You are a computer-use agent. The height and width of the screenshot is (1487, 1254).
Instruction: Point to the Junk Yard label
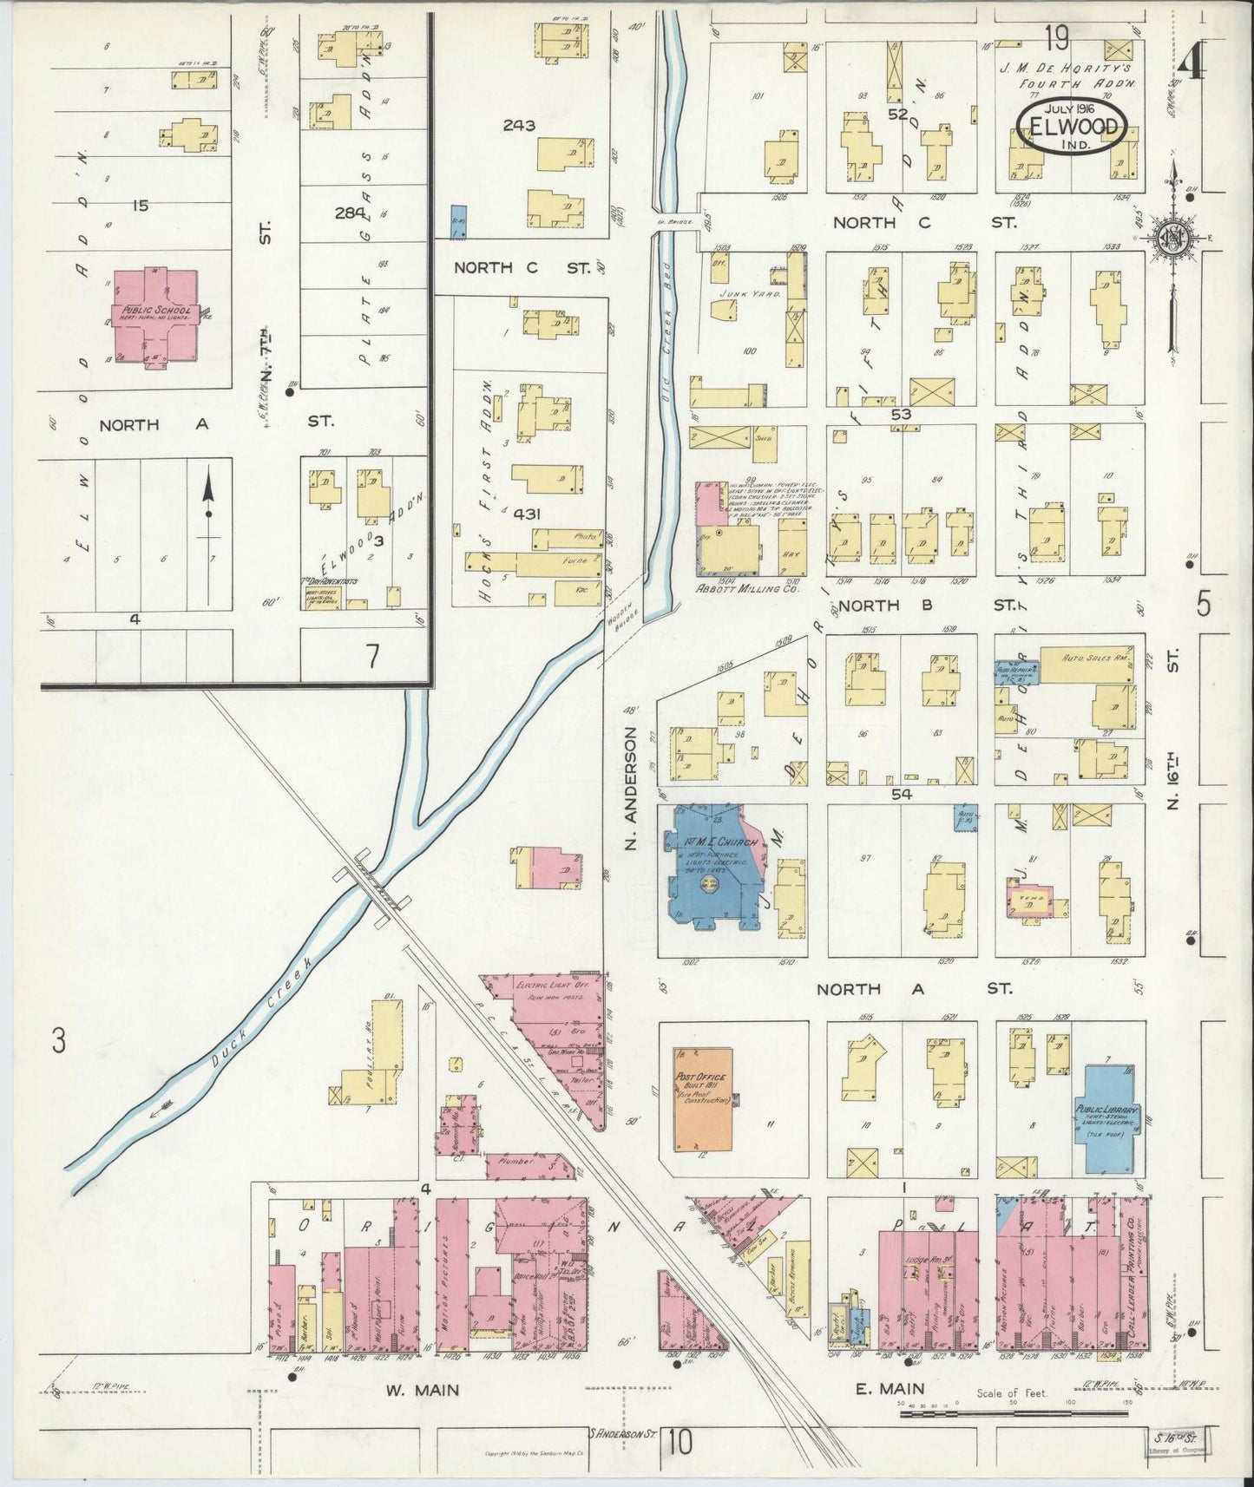(x=739, y=295)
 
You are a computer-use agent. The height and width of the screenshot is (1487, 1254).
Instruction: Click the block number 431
(x=527, y=514)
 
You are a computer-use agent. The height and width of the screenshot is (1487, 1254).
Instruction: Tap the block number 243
(x=518, y=125)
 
